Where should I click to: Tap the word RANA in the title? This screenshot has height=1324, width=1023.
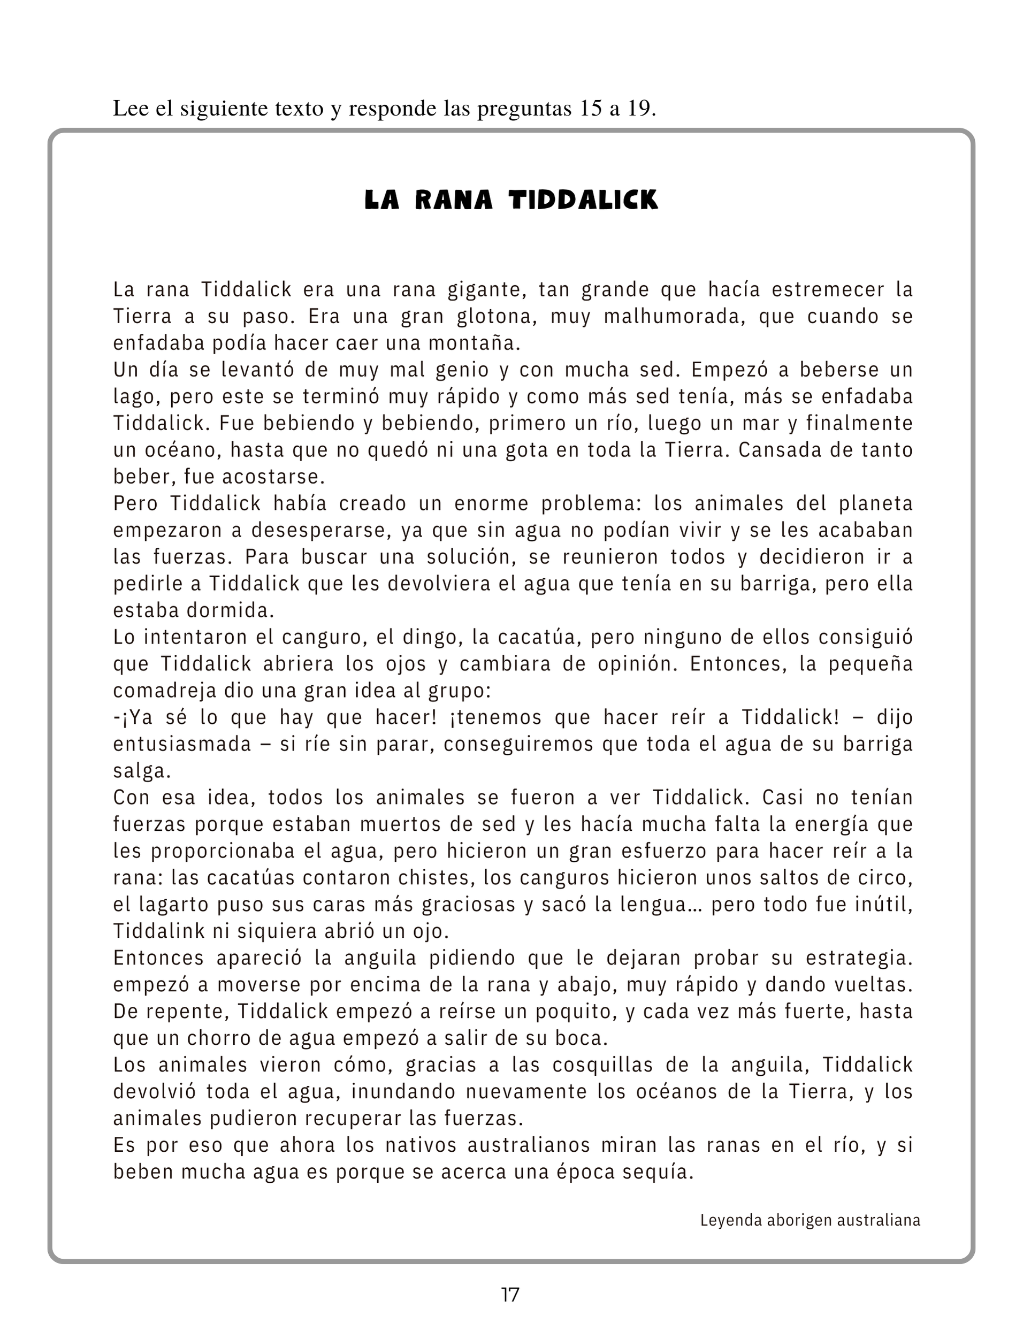(x=453, y=200)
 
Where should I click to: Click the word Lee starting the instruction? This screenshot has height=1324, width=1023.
(x=127, y=109)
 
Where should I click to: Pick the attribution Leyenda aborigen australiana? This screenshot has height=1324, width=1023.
(x=810, y=1220)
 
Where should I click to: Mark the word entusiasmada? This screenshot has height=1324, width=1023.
(x=182, y=744)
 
